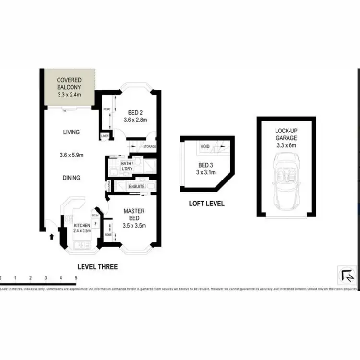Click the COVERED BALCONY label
[x=69, y=84]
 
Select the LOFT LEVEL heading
[x=206, y=204]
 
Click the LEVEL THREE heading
[x=97, y=266]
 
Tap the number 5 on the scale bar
[x=76, y=278]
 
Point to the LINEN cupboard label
[x=105, y=136]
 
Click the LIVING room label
[x=71, y=132]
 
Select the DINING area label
[x=71, y=178]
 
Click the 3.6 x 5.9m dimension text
[x=71, y=155]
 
